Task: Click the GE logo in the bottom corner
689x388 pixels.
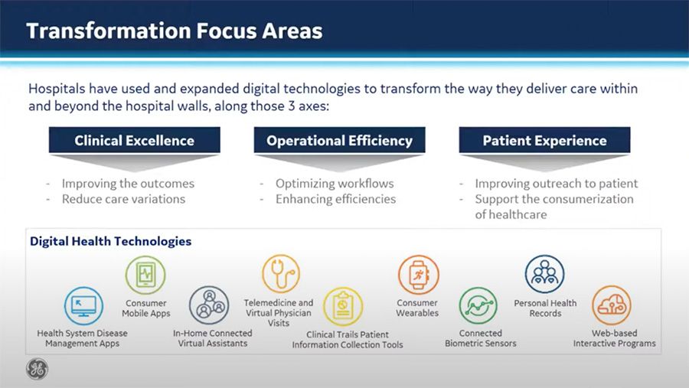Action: click(38, 368)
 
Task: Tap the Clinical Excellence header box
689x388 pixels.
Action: click(135, 140)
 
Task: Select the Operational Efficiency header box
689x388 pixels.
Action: click(339, 140)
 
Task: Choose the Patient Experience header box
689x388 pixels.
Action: click(544, 140)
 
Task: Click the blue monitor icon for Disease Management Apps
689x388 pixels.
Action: click(83, 306)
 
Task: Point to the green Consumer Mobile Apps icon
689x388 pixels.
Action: click(145, 275)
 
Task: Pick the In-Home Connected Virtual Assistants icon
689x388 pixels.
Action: click(209, 305)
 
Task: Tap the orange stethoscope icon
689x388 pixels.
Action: click(281, 273)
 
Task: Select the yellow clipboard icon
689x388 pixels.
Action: click(343, 306)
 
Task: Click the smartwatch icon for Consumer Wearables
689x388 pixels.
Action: click(418, 275)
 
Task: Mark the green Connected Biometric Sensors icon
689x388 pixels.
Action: click(478, 306)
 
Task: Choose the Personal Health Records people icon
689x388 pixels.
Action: click(545, 274)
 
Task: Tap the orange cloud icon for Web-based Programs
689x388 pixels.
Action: click(612, 305)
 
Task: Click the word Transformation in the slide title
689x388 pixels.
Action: click(109, 31)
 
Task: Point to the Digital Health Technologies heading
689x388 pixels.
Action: click(111, 241)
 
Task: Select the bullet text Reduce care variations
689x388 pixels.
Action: click(123, 199)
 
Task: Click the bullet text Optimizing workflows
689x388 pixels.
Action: click(335, 184)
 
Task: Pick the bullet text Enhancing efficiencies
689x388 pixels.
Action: click(336, 199)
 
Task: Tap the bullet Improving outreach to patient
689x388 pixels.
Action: click(557, 184)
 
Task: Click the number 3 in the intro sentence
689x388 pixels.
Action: click(292, 106)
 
